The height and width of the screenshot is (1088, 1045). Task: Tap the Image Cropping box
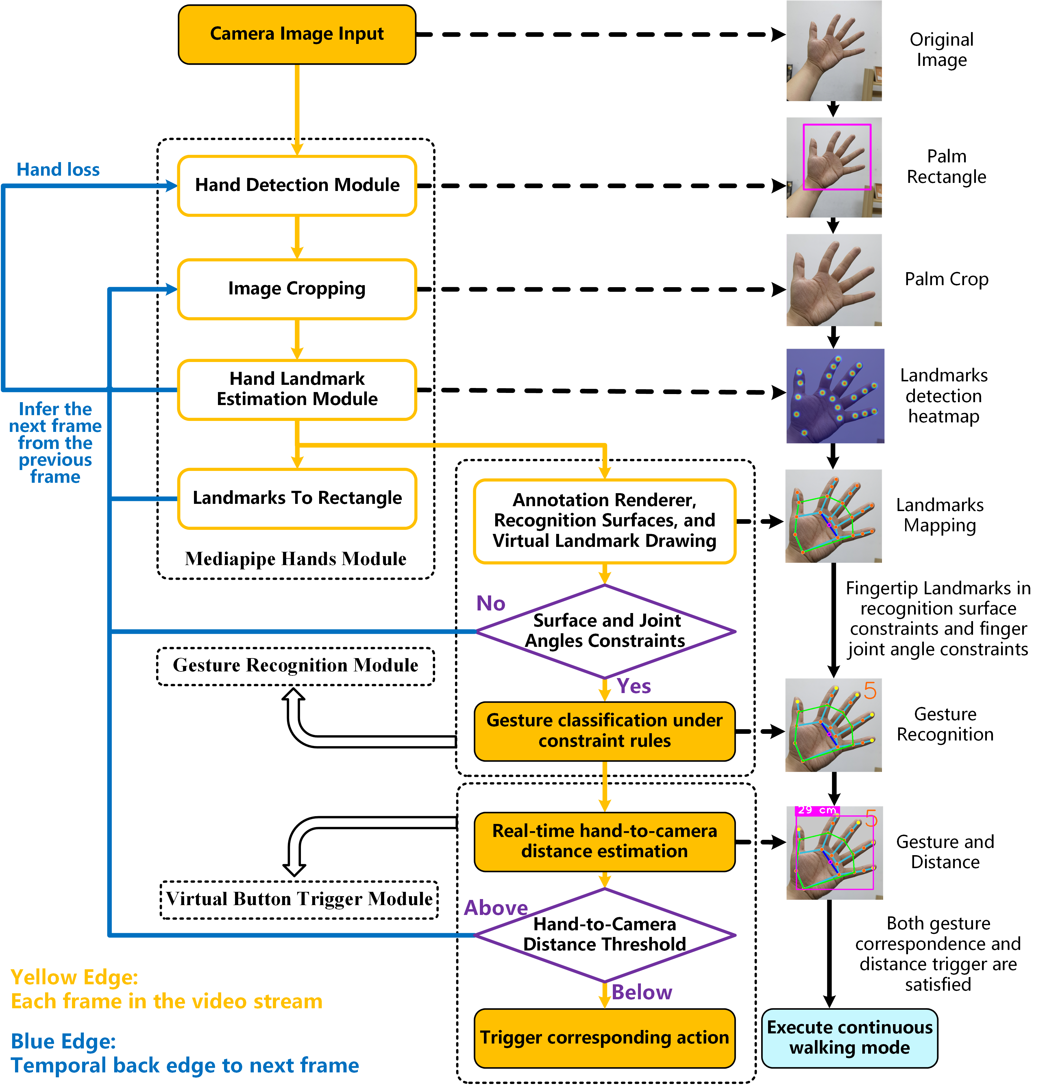(x=297, y=289)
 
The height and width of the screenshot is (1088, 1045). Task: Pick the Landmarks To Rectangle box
(x=297, y=498)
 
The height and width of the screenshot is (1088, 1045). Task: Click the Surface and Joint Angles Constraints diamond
(x=605, y=631)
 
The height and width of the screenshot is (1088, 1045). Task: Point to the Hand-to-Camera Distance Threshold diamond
(x=605, y=935)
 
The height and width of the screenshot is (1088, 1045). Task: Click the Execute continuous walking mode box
(x=850, y=1037)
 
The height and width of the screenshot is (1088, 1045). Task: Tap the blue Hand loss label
(x=58, y=169)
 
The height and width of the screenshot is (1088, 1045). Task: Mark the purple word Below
(x=642, y=992)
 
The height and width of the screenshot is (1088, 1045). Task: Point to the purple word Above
(x=495, y=908)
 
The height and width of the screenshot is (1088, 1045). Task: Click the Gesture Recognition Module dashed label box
(x=295, y=666)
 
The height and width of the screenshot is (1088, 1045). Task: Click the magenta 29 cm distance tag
(x=817, y=810)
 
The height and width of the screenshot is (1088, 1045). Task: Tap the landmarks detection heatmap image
(x=835, y=396)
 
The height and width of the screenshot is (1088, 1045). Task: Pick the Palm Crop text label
(x=946, y=279)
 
